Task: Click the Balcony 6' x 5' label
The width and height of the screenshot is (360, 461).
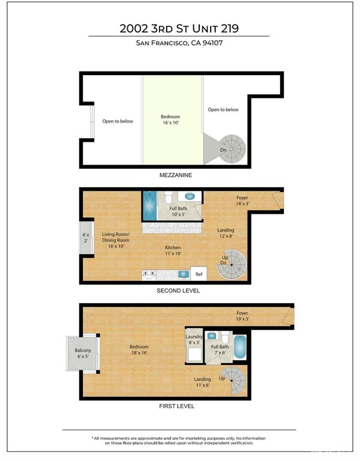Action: (x=83, y=353)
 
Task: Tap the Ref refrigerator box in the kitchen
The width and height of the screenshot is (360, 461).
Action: (x=199, y=274)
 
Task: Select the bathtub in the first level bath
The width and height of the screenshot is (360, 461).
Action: (x=240, y=347)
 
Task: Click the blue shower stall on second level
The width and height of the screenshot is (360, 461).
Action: (x=150, y=205)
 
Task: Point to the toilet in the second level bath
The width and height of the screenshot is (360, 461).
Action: (x=169, y=197)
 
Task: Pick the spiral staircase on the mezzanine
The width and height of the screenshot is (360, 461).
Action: (x=232, y=149)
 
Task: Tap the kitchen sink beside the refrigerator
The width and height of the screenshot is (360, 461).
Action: (x=184, y=274)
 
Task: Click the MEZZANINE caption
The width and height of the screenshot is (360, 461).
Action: (x=176, y=175)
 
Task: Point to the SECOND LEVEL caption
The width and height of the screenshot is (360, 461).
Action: (x=178, y=291)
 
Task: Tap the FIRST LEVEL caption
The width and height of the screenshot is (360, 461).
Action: (x=176, y=406)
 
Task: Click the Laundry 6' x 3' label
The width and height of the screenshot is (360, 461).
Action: (x=194, y=339)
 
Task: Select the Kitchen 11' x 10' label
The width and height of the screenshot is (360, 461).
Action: (x=173, y=250)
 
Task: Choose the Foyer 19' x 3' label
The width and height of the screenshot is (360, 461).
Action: (x=242, y=316)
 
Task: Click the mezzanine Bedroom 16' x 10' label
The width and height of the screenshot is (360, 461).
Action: (x=170, y=119)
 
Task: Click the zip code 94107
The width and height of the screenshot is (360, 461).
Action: (x=213, y=43)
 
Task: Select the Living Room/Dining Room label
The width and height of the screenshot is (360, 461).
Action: (x=116, y=240)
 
